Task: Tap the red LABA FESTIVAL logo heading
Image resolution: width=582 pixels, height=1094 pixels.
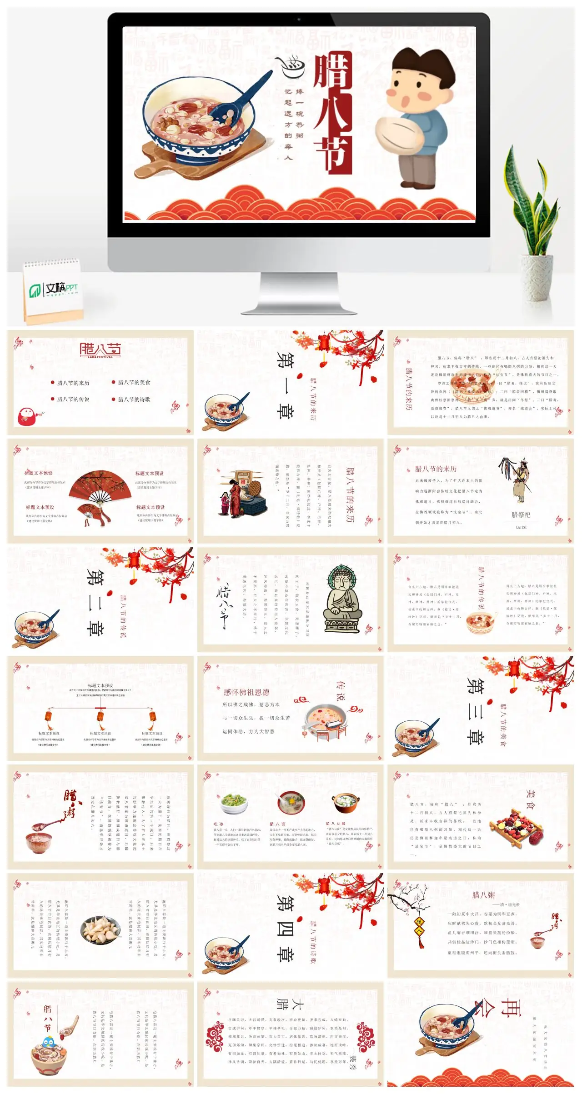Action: (100, 350)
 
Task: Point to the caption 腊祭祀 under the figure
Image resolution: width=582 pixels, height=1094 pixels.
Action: (521, 515)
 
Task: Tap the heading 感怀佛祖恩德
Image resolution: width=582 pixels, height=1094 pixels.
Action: (246, 692)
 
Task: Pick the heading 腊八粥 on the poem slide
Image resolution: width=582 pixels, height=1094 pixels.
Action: (483, 894)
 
